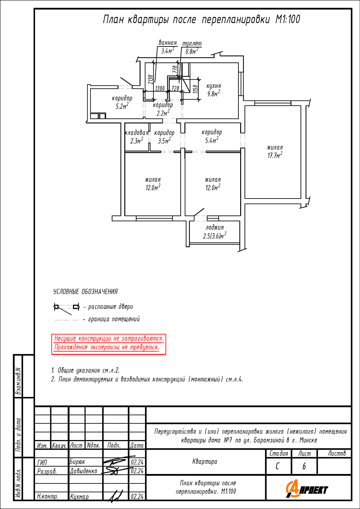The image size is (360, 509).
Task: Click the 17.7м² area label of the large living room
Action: coord(275,155)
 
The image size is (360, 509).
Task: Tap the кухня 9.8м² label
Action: coord(214,90)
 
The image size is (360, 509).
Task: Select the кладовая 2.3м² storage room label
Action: coord(137,137)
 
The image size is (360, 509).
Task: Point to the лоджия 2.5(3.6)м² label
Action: coord(215,232)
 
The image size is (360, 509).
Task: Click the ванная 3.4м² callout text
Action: coord(168,46)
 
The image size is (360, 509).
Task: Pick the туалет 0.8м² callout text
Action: coord(192,48)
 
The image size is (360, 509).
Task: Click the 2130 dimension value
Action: coord(150,79)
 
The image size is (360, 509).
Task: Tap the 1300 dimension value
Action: coord(160,88)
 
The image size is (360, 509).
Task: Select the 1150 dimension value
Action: coord(195,89)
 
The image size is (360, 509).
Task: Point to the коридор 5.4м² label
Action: coord(212,136)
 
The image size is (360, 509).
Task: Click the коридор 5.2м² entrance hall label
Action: coord(122,102)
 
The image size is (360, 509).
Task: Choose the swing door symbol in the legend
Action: coord(67,308)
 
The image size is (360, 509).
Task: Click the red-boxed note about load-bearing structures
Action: coord(109,344)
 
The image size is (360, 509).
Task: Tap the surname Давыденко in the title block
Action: coord(84,471)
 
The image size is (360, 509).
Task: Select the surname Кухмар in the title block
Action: coord(79,496)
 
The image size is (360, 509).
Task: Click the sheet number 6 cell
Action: coord(304,466)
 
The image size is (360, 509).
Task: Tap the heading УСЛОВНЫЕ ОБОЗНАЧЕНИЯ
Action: coord(85,291)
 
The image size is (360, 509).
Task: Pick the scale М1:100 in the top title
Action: coord(288,19)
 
